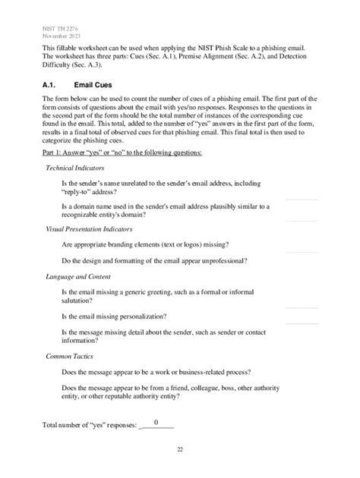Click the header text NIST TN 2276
point(60,27)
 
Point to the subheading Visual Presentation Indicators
point(90,228)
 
